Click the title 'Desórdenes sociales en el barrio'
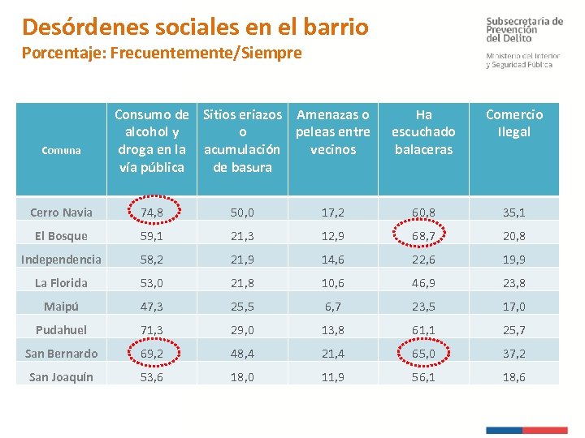[x=195, y=27]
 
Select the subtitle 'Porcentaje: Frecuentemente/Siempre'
[x=162, y=54]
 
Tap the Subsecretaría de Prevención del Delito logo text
[x=524, y=29]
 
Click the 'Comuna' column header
[x=62, y=150]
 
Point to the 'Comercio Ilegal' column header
[x=513, y=123]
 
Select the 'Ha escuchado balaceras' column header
[x=423, y=132]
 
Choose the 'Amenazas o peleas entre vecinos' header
[x=333, y=132]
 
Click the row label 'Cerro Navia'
[x=62, y=213]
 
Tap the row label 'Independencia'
[x=62, y=260]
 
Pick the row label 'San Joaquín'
[x=62, y=377]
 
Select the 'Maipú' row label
[x=62, y=307]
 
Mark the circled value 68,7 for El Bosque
[x=423, y=236]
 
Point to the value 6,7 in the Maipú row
[x=333, y=307]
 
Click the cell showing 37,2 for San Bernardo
[x=513, y=354]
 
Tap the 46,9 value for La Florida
[x=423, y=283]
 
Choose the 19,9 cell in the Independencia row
[x=513, y=260]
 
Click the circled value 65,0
[x=423, y=354]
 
